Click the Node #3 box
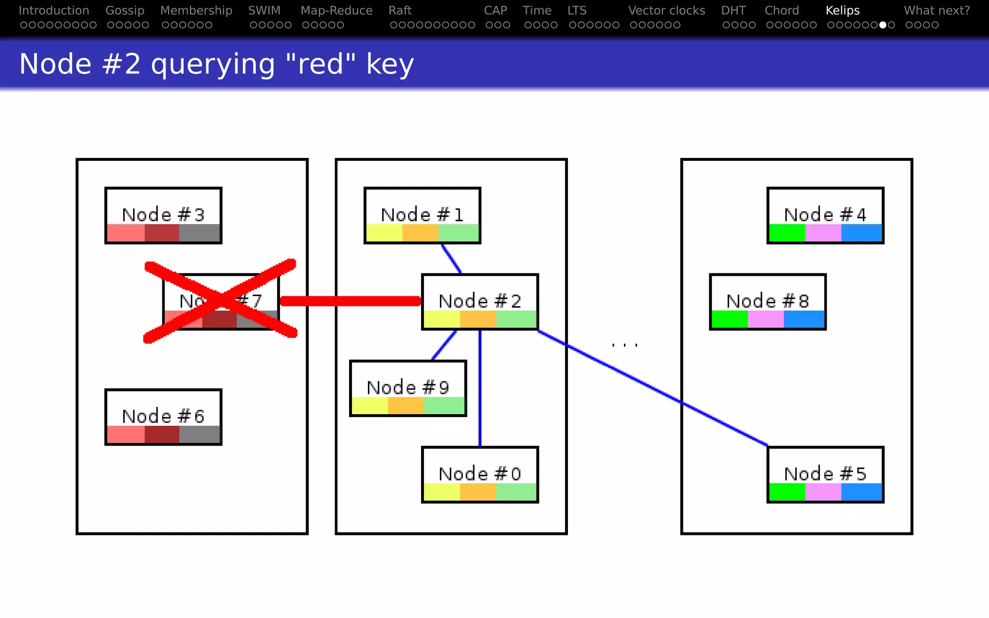pyautogui.click(x=163, y=215)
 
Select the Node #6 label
pyautogui.click(x=163, y=416)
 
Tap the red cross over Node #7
pyautogui.click(x=221, y=301)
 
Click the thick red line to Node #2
pyautogui.click(x=350, y=301)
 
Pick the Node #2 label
pyautogui.click(x=480, y=301)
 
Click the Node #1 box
pyautogui.click(x=422, y=215)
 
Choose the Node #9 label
pyautogui.click(x=408, y=387)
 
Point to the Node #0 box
pyautogui.click(x=480, y=474)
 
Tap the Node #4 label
pyautogui.click(x=825, y=214)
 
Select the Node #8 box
pyautogui.click(x=767, y=302)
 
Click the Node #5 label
pyautogui.click(x=825, y=474)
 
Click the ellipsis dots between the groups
pyautogui.click(x=624, y=345)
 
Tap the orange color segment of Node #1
pyautogui.click(x=420, y=233)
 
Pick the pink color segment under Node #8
pyautogui.click(x=765, y=320)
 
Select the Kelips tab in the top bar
pyautogui.click(x=842, y=10)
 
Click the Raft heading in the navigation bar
pyautogui.click(x=400, y=10)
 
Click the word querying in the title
pyautogui.click(x=213, y=64)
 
